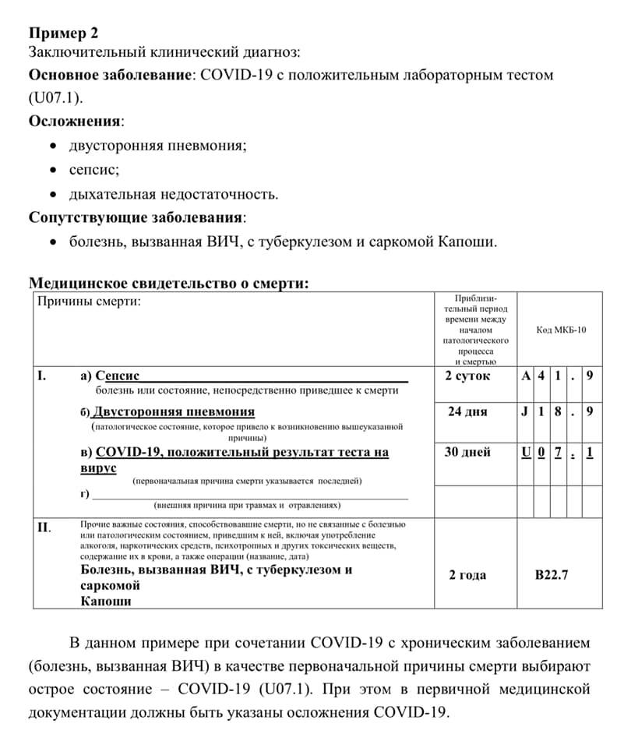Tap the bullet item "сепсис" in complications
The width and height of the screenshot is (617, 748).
(x=94, y=169)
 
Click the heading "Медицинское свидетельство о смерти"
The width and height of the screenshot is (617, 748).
(x=168, y=284)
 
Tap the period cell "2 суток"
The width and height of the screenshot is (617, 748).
(x=467, y=376)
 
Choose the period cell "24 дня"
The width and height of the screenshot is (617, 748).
(x=467, y=411)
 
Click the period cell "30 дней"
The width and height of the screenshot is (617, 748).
(x=467, y=452)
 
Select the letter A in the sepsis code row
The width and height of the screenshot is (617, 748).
(x=527, y=376)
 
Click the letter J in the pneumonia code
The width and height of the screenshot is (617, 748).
(x=527, y=411)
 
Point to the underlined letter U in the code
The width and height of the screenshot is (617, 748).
(x=527, y=452)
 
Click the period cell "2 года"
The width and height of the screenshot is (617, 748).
(x=467, y=575)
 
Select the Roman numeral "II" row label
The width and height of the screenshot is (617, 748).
(x=44, y=527)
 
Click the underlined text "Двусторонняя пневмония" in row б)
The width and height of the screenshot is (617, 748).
(x=174, y=411)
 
